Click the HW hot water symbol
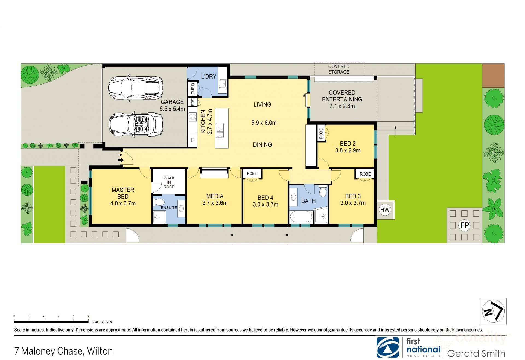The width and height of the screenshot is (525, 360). (x=385, y=210)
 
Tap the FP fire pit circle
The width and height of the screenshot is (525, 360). (x=465, y=225)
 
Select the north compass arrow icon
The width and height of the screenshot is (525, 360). (x=494, y=311)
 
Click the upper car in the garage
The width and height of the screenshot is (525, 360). (x=136, y=88)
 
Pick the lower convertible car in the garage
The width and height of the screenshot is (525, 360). (x=136, y=125)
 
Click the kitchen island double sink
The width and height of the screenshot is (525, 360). (x=220, y=130)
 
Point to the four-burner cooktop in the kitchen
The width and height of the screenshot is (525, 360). (x=192, y=117)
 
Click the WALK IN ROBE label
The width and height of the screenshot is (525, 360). (x=169, y=182)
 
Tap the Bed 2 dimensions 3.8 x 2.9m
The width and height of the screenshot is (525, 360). (x=348, y=150)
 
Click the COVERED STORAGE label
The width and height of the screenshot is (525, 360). (x=339, y=69)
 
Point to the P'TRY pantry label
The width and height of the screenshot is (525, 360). (x=193, y=102)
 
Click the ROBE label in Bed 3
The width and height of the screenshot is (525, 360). (x=365, y=174)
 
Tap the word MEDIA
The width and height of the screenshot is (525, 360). (x=215, y=196)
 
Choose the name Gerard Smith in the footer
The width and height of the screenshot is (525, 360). (x=476, y=353)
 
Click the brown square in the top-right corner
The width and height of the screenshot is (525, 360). (x=493, y=76)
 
